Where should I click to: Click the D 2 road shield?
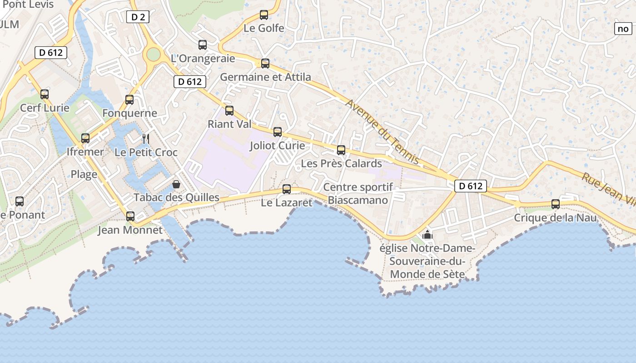(x=138, y=17)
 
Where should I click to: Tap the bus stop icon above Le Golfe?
(x=264, y=15)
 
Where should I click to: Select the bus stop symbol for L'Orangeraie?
(x=203, y=45)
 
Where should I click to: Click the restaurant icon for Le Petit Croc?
(x=145, y=138)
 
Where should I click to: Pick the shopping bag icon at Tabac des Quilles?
(x=176, y=184)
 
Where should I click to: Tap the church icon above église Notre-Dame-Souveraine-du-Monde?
(x=427, y=235)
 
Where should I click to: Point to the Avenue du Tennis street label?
(x=382, y=132)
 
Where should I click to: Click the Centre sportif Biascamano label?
(x=358, y=194)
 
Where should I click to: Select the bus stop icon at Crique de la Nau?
(x=556, y=204)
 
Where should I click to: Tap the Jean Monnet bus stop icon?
(x=130, y=216)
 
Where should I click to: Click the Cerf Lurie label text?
(x=45, y=108)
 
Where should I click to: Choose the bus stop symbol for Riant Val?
(x=229, y=110)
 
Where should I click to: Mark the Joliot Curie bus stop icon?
(x=278, y=132)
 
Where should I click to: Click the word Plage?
(x=84, y=174)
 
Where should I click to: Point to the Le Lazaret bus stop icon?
(x=287, y=189)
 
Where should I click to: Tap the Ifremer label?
(x=85, y=152)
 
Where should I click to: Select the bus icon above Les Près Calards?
(x=341, y=150)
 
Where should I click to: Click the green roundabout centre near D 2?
(x=154, y=54)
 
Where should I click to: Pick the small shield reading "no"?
(x=623, y=29)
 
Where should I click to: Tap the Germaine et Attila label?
(x=266, y=77)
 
